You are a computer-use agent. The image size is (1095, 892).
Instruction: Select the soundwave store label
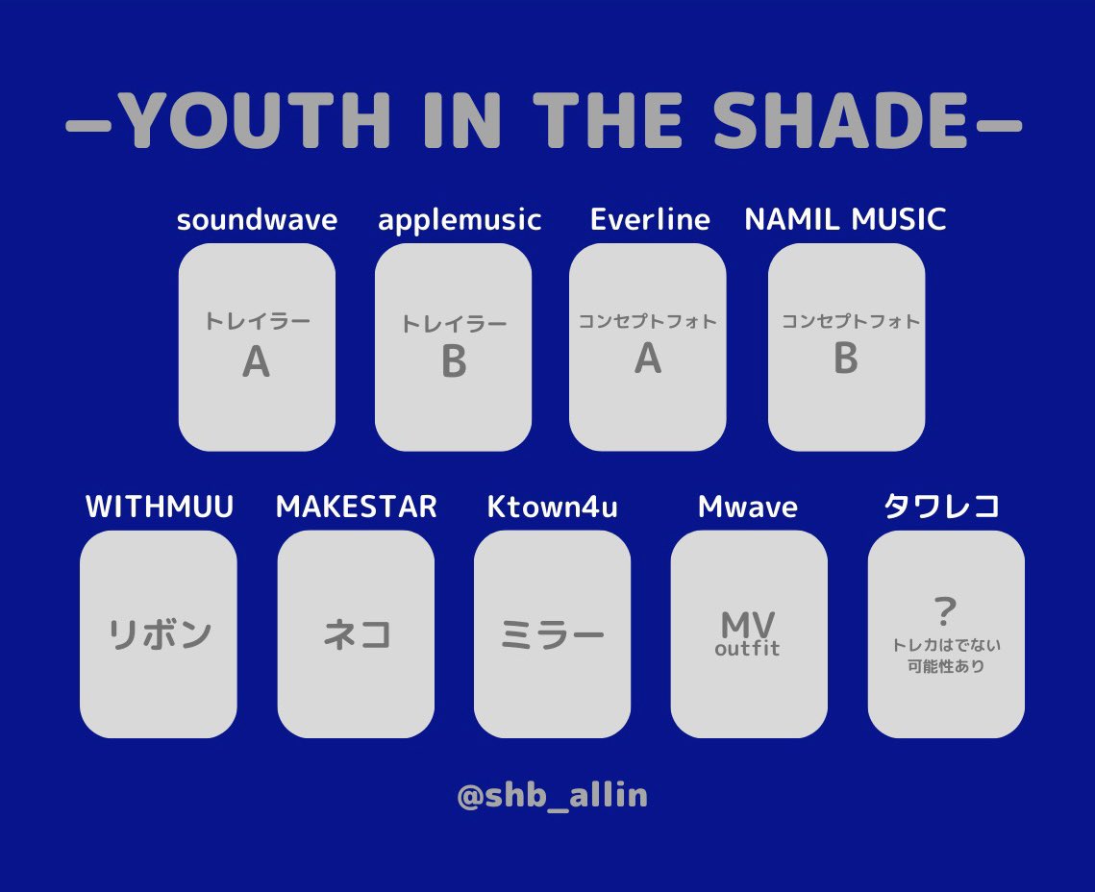pyautogui.click(x=257, y=220)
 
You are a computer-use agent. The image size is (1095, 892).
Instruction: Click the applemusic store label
pyautogui.click(x=460, y=220)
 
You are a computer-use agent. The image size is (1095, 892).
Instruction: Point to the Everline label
pyautogui.click(x=650, y=220)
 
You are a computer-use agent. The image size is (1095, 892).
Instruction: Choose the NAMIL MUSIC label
pyautogui.click(x=845, y=220)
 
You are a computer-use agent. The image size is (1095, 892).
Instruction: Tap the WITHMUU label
pyautogui.click(x=160, y=507)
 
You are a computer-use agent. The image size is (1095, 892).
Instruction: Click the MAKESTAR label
pyautogui.click(x=356, y=507)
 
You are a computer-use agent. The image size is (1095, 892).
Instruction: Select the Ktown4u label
pyautogui.click(x=552, y=507)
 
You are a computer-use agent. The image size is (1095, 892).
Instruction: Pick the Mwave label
pyautogui.click(x=748, y=507)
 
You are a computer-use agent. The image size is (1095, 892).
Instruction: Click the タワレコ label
pyautogui.click(x=942, y=507)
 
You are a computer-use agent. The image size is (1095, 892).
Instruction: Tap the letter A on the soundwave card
pyautogui.click(x=256, y=362)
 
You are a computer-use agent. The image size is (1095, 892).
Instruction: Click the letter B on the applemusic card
pyautogui.click(x=454, y=362)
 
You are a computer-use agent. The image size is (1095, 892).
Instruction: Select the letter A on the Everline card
pyautogui.click(x=648, y=359)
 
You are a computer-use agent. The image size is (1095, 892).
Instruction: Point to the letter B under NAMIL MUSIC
pyautogui.click(x=846, y=359)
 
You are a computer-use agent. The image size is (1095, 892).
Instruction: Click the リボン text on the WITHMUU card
pyautogui.click(x=159, y=635)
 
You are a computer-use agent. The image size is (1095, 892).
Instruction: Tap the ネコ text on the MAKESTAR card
pyautogui.click(x=357, y=635)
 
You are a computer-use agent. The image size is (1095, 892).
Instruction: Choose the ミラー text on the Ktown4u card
pyautogui.click(x=552, y=635)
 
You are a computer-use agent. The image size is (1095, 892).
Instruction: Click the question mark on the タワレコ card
pyautogui.click(x=946, y=610)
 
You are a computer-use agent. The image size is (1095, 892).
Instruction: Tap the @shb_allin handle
pyautogui.click(x=552, y=796)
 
